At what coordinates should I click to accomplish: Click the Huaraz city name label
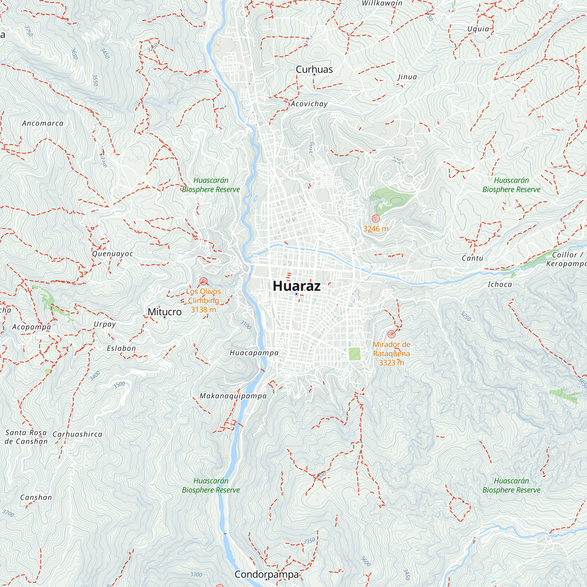296,286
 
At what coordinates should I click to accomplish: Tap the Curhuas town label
314,69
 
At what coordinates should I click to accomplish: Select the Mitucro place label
164,312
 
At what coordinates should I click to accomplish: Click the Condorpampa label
266,574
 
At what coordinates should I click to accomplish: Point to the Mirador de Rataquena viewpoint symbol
391,334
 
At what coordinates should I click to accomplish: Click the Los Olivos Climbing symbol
203,281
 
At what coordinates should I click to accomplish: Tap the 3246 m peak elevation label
376,229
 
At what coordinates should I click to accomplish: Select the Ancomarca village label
43,123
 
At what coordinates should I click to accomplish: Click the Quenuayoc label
112,254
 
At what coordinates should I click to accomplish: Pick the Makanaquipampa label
233,396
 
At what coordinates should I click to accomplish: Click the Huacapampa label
254,353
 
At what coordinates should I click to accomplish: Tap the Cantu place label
472,258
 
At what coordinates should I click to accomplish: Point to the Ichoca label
500,284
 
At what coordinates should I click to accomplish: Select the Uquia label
478,29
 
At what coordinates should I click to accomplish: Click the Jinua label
407,77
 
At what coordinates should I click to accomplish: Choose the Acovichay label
309,104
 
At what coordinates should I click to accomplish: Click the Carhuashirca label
77,434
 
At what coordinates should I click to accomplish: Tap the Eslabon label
121,348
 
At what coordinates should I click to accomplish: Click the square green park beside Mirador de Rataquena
354,354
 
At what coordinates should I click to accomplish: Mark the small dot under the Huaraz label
296,294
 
